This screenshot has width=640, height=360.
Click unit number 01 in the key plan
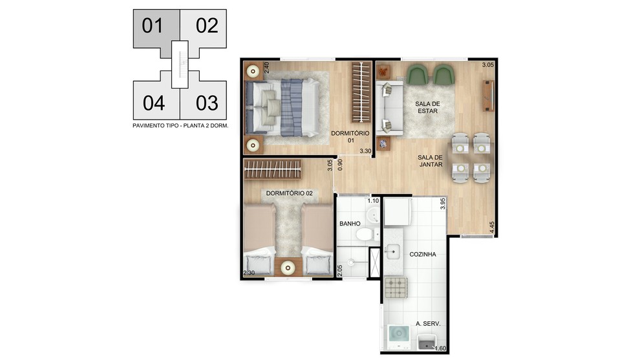pos(153,26)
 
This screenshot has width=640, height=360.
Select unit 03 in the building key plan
pos(207,103)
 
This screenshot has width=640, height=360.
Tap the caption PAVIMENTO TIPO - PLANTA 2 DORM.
pos(180,126)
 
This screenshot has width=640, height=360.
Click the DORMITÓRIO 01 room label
pos(350,137)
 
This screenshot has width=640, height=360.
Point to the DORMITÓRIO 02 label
pos(290,193)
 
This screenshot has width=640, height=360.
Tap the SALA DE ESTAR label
pos(427,107)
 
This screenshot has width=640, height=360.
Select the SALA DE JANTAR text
pos(430,161)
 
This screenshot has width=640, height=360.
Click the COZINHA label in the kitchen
pos(423,254)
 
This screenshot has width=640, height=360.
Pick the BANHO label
pos(350,224)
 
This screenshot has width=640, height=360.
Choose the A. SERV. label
pos(428,324)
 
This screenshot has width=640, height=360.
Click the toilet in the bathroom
pos(366,235)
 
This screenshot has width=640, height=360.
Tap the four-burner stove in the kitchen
pos(396,288)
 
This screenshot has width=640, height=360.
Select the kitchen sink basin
pos(392,251)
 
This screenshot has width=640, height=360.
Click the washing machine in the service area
pos(398,337)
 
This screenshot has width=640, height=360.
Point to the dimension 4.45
pos(492,228)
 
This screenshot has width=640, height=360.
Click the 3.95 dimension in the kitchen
pos(443,204)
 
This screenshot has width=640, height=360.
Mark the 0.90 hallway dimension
pos(340,165)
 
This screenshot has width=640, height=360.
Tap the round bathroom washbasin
pos(372,215)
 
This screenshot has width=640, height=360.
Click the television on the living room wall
pos(489,96)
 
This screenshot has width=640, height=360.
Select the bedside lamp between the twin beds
pos(288,268)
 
